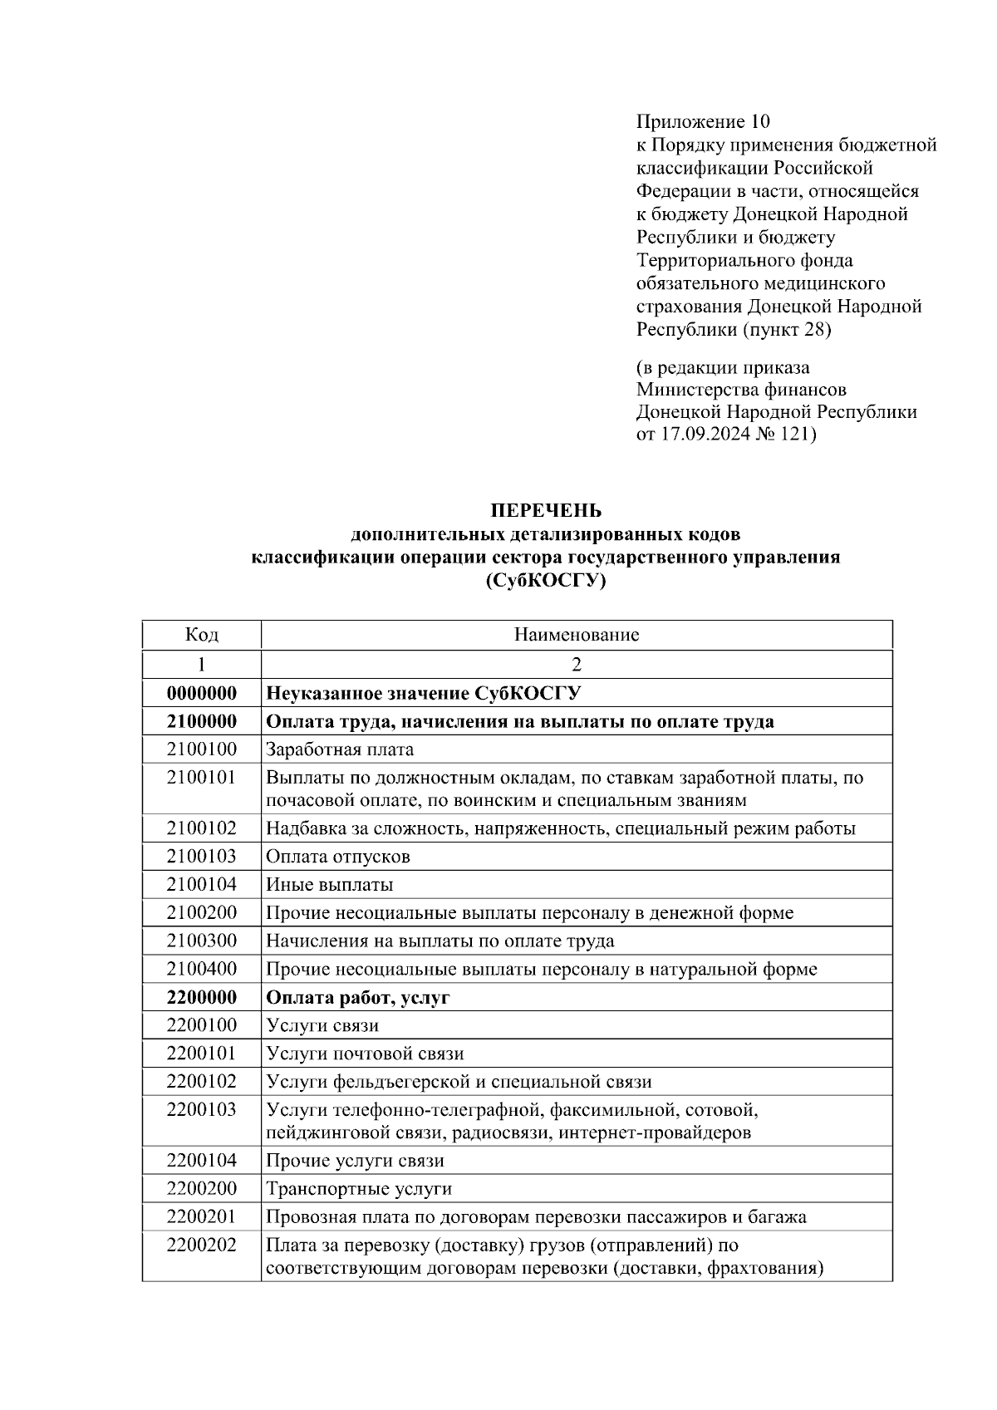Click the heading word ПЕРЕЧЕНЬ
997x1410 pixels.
pyautogui.click(x=545, y=510)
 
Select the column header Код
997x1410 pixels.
pyautogui.click(x=201, y=635)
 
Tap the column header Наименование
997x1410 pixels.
pyautogui.click(x=577, y=635)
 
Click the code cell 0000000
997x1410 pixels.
pyautogui.click(x=201, y=693)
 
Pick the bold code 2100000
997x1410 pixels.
pyautogui.click(x=201, y=721)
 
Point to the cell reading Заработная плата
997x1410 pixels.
pyautogui.click(x=340, y=749)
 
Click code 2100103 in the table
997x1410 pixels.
pyautogui.click(x=201, y=856)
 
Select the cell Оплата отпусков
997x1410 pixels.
pyautogui.click(x=338, y=856)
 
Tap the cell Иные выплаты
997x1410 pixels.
pyautogui.click(x=330, y=884)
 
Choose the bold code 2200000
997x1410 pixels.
pyautogui.click(x=201, y=997)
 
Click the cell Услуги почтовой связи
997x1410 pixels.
pyautogui.click(x=365, y=1054)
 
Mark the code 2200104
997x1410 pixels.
pyautogui.click(x=201, y=1160)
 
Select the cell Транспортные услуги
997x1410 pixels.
pyautogui.click(x=359, y=1188)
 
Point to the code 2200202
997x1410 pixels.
pyautogui.click(x=201, y=1245)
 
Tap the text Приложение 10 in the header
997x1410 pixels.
pyautogui.click(x=704, y=122)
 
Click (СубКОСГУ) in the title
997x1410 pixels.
pyautogui.click(x=545, y=581)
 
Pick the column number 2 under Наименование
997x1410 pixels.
pyautogui.click(x=577, y=664)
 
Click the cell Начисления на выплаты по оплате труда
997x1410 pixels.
pyautogui.click(x=440, y=941)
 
